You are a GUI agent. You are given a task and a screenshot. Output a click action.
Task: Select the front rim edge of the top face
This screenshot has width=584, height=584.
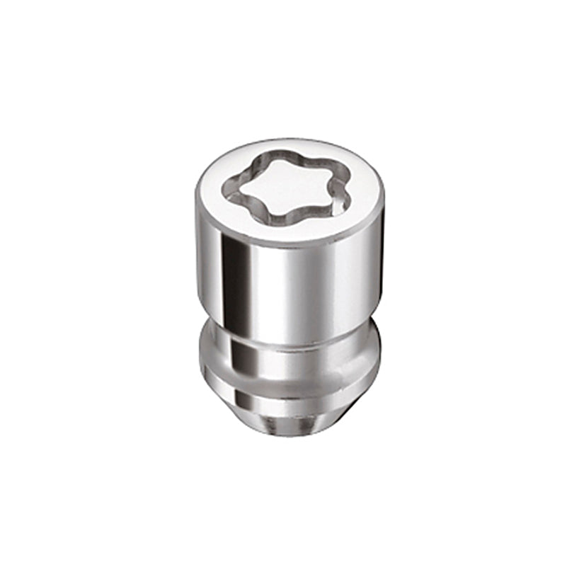(287, 245)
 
